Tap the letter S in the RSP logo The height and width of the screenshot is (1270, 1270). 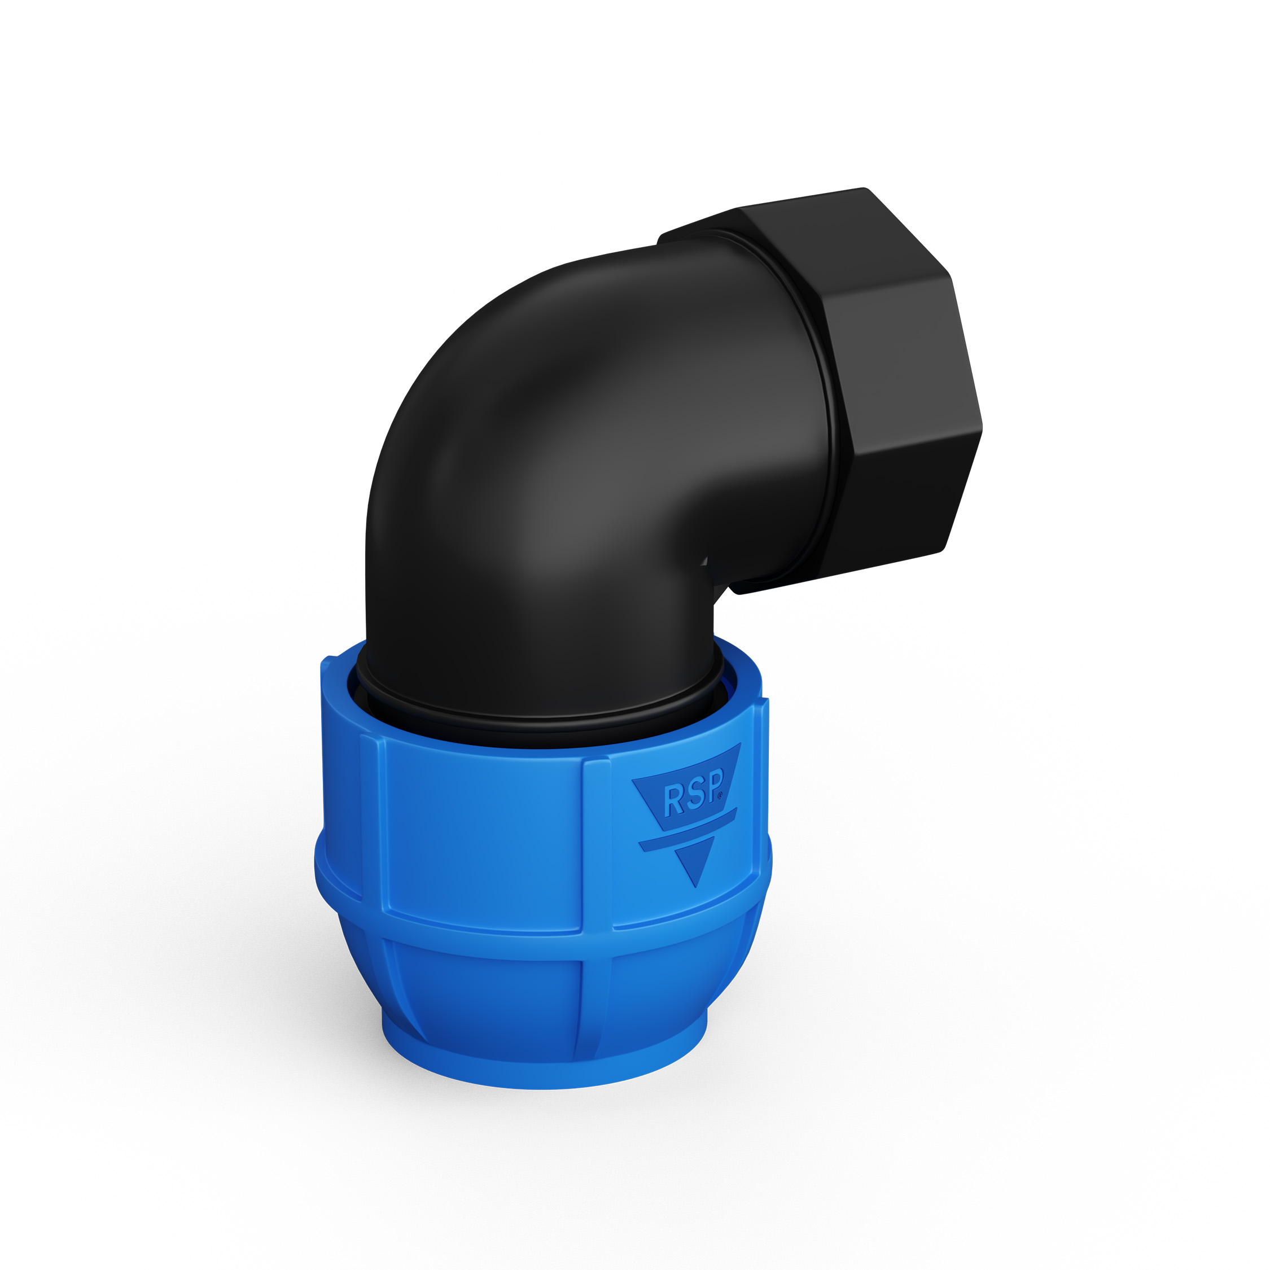pyautogui.click(x=695, y=793)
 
